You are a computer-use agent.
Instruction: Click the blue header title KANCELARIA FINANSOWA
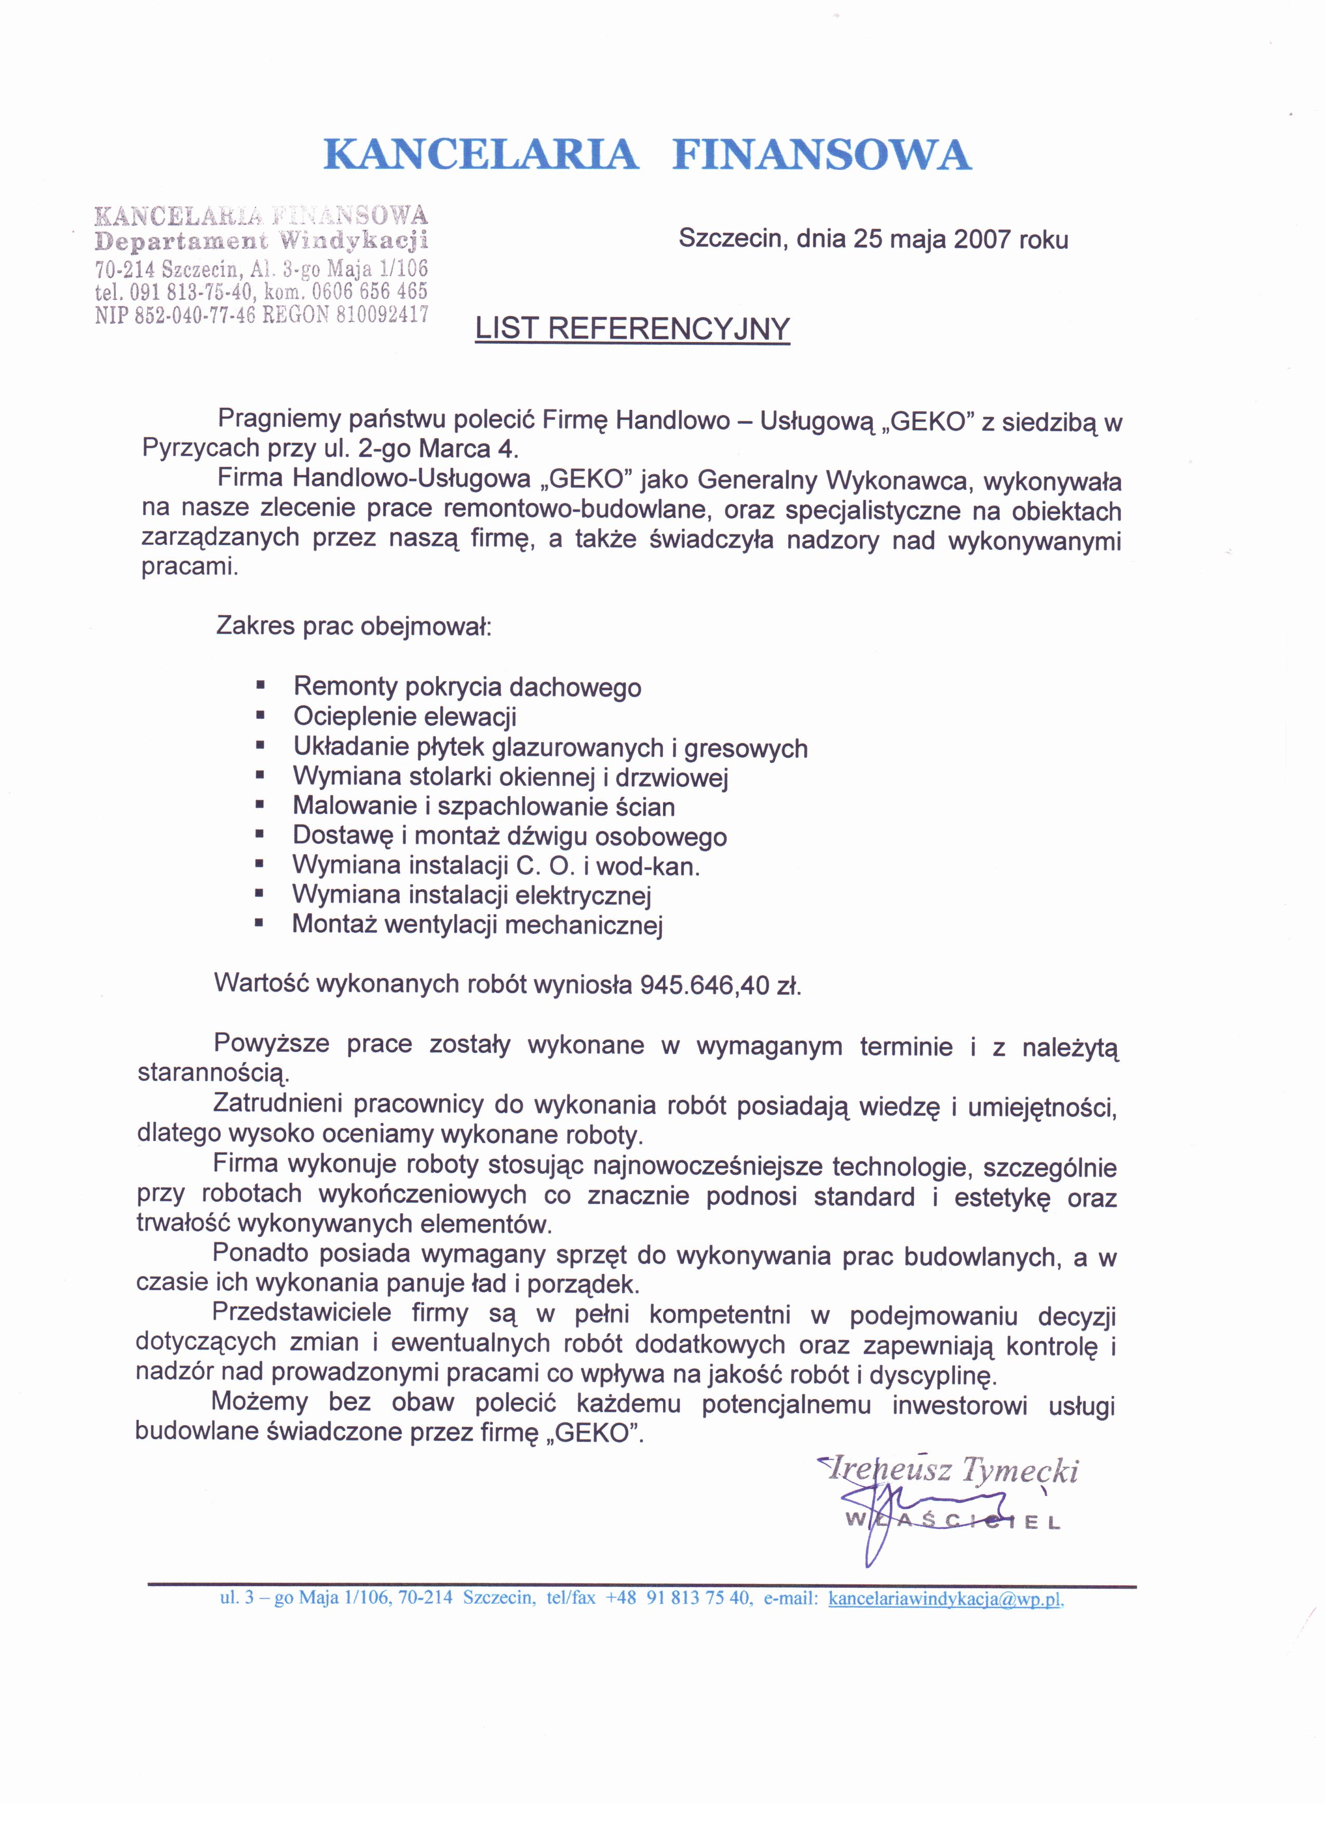pyautogui.click(x=647, y=154)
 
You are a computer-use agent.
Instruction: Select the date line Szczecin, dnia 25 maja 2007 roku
pyautogui.click(x=873, y=239)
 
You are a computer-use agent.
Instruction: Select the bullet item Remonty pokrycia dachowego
pyautogui.click(x=467, y=687)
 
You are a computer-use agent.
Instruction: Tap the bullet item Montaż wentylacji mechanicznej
pyautogui.click(x=477, y=924)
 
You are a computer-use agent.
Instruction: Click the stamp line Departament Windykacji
pyautogui.click(x=261, y=241)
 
